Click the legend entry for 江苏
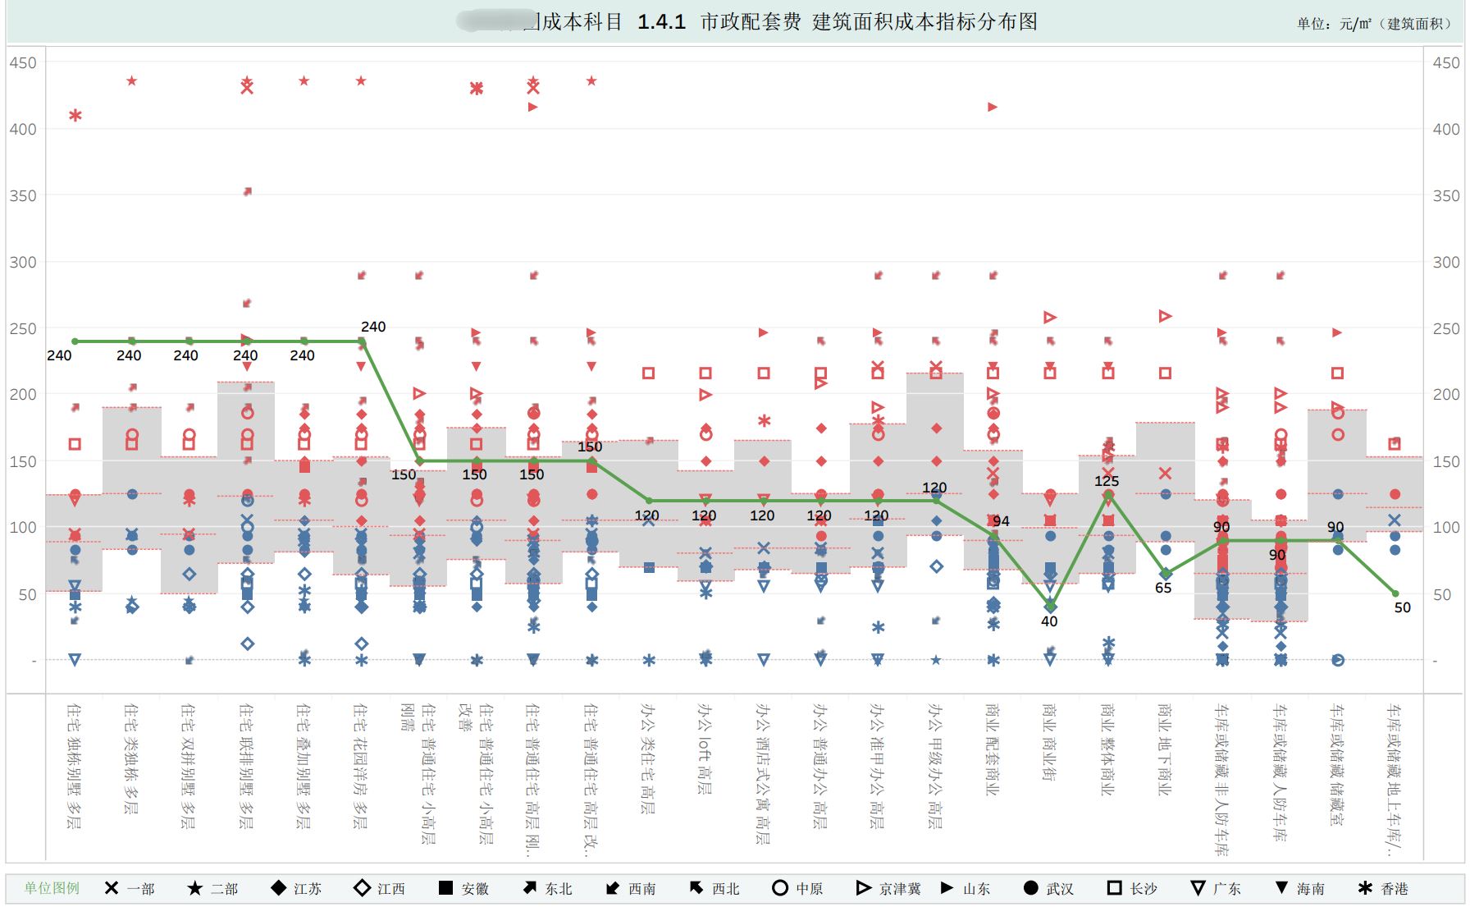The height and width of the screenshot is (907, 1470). pyautogui.click(x=296, y=888)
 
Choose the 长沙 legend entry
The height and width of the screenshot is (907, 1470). pyautogui.click(x=1131, y=888)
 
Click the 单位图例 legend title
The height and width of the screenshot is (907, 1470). pyautogui.click(x=52, y=888)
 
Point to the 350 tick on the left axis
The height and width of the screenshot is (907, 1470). pyautogui.click(x=23, y=195)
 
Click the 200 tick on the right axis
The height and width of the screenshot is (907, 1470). pyautogui.click(x=1445, y=394)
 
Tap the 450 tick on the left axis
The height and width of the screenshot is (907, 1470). pyautogui.click(x=23, y=62)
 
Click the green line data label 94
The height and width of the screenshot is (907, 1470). pyautogui.click(x=1001, y=521)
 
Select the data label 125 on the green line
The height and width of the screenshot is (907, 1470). pyautogui.click(x=1107, y=481)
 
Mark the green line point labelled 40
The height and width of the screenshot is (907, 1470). pyautogui.click(x=1051, y=607)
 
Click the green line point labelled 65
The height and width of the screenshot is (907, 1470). pyautogui.click(x=1166, y=574)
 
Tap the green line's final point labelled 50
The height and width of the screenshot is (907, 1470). pyautogui.click(x=1395, y=593)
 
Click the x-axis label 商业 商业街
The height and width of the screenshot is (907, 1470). pyautogui.click(x=1049, y=742)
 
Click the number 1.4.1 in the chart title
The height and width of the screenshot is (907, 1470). pyautogui.click(x=661, y=22)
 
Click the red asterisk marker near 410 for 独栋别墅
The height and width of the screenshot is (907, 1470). pyautogui.click(x=75, y=116)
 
